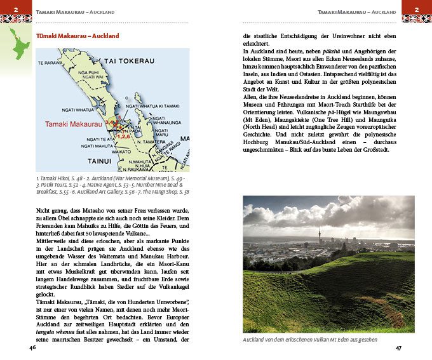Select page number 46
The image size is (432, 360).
pos(32,348)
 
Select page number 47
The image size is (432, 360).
pos(398,348)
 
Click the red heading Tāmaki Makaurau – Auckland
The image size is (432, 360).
pos(78,36)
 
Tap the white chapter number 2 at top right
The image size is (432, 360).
pos(417,9)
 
